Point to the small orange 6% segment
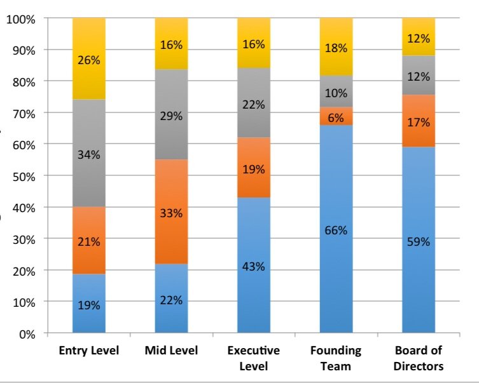(336, 117)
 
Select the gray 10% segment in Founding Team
(336, 92)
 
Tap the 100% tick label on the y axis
(21, 19)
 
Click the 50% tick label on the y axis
(24, 176)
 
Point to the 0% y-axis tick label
(26, 333)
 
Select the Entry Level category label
(89, 351)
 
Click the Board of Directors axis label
(419, 358)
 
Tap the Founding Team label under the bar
(336, 358)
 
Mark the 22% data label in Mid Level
(171, 300)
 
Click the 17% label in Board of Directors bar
(419, 122)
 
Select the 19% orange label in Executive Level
(253, 170)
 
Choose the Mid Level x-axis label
(171, 351)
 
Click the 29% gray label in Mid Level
(171, 116)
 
